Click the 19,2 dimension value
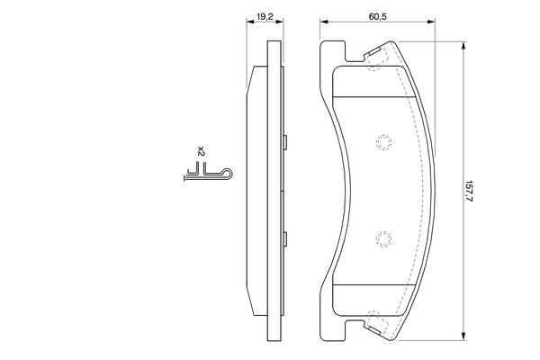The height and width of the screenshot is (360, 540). tap(265, 16)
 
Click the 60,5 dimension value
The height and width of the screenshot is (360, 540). tap(378, 16)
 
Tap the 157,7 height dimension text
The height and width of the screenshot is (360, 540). tap(468, 191)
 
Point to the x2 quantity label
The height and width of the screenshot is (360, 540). tap(201, 151)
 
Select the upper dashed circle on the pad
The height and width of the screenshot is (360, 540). tap(383, 142)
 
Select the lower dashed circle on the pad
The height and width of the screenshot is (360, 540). tap(383, 239)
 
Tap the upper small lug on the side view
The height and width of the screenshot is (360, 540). tap(285, 142)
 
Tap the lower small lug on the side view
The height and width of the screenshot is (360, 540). tap(285, 239)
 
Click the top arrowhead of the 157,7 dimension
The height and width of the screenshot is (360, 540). tap(463, 46)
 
